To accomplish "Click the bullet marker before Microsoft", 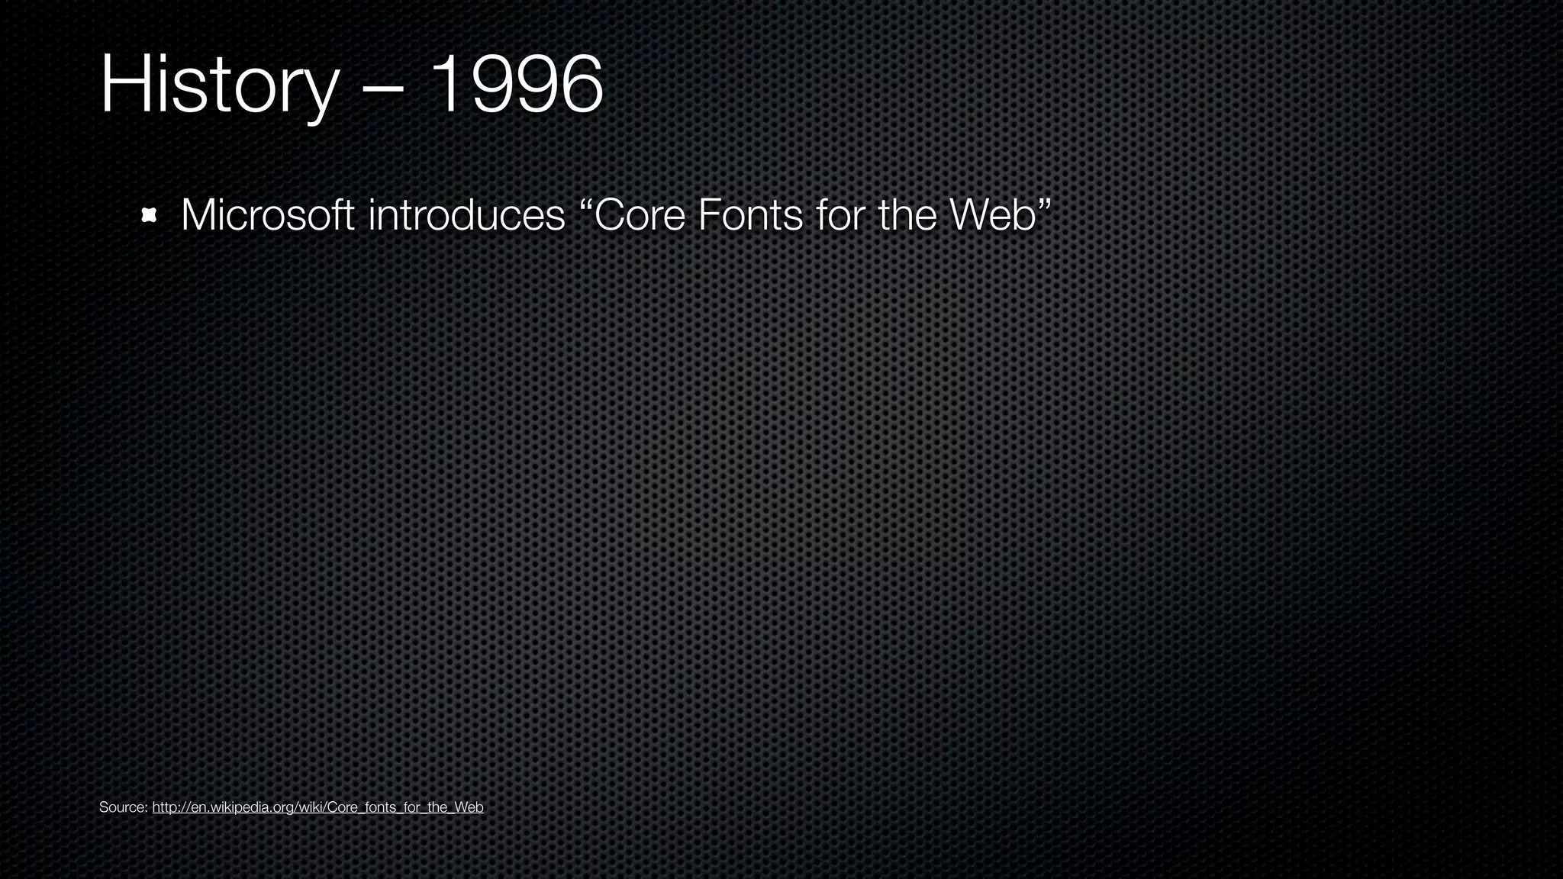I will (149, 216).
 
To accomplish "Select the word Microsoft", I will (267, 215).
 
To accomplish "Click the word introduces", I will (466, 215).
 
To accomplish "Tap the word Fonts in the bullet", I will (749, 215).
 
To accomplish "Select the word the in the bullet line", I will (907, 215).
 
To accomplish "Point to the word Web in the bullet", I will (992, 215).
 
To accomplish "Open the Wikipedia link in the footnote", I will (317, 807).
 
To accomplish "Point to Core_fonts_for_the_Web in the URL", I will (404, 807).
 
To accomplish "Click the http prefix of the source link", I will (164, 807).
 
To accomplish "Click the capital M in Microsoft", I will (198, 215).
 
